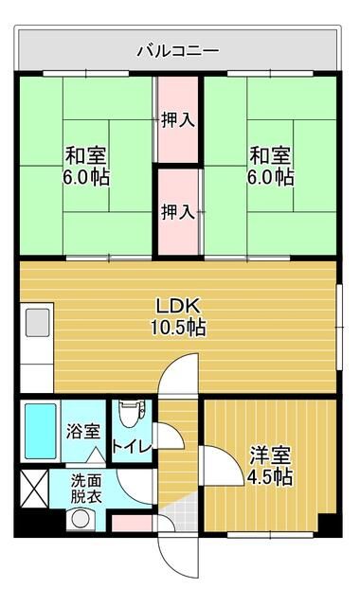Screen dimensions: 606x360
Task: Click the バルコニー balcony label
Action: pos(178,48)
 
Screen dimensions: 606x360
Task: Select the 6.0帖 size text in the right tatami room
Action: pos(271,177)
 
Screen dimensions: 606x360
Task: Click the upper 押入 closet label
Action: pos(178,120)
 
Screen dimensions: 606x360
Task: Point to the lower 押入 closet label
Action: pos(178,210)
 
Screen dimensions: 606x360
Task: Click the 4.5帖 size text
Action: pos(269,477)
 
